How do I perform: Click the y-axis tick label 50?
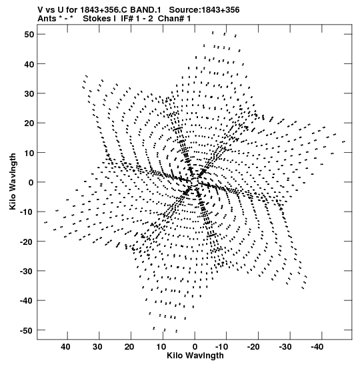(29, 35)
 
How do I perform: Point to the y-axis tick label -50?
(27, 330)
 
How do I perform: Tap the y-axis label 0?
(31, 182)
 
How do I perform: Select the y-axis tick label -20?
(27, 242)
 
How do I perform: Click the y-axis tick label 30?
(29, 93)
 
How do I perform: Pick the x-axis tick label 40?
(65, 347)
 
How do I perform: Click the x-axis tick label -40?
(317, 347)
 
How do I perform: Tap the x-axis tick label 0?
(195, 347)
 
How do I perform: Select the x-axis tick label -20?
(253, 347)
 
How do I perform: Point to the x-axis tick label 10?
(161, 347)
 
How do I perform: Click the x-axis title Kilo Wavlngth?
(195, 356)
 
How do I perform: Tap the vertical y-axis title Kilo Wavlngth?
(13, 181)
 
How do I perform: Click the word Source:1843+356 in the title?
(204, 10)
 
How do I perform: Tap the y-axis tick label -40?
(27, 301)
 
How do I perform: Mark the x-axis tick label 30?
(97, 347)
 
